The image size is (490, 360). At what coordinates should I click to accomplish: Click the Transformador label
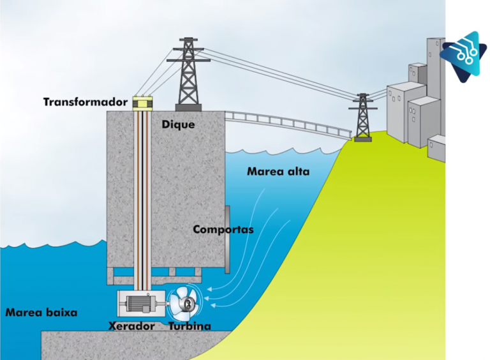click(x=85, y=102)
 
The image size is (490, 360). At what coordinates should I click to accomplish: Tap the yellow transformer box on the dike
click(x=140, y=103)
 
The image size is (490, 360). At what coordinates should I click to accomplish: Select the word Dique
click(x=178, y=124)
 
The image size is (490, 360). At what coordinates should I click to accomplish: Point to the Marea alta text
click(x=273, y=172)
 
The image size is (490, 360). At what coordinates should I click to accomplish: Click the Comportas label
click(x=223, y=229)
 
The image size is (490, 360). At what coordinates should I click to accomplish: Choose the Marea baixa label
click(x=41, y=313)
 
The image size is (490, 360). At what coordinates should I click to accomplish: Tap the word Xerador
click(x=132, y=326)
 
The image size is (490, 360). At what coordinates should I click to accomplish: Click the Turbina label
click(x=189, y=326)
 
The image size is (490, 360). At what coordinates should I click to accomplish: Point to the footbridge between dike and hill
click(x=287, y=124)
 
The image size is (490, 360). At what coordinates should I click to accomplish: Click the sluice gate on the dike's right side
click(x=227, y=237)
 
